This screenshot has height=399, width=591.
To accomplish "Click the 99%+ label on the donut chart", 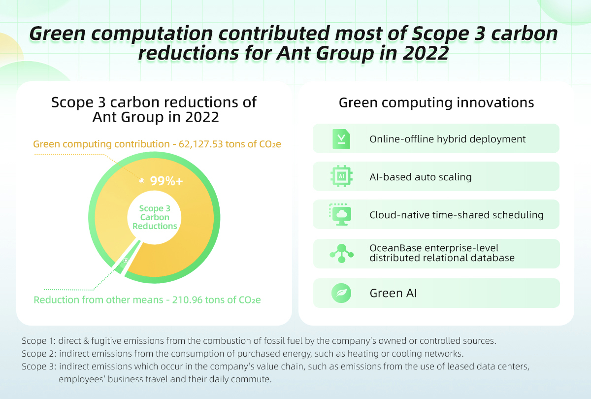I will (x=166, y=181).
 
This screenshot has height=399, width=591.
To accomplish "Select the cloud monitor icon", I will (x=340, y=214).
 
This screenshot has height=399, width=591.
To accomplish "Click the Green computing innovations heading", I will (x=436, y=103).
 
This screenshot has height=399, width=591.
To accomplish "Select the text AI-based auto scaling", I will (x=421, y=177).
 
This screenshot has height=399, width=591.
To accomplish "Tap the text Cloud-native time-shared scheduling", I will (x=457, y=215).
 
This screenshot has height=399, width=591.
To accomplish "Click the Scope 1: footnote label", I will (x=38, y=341).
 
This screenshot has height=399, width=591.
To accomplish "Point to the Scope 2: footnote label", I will (x=39, y=354).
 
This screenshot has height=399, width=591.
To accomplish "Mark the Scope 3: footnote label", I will (x=39, y=366).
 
